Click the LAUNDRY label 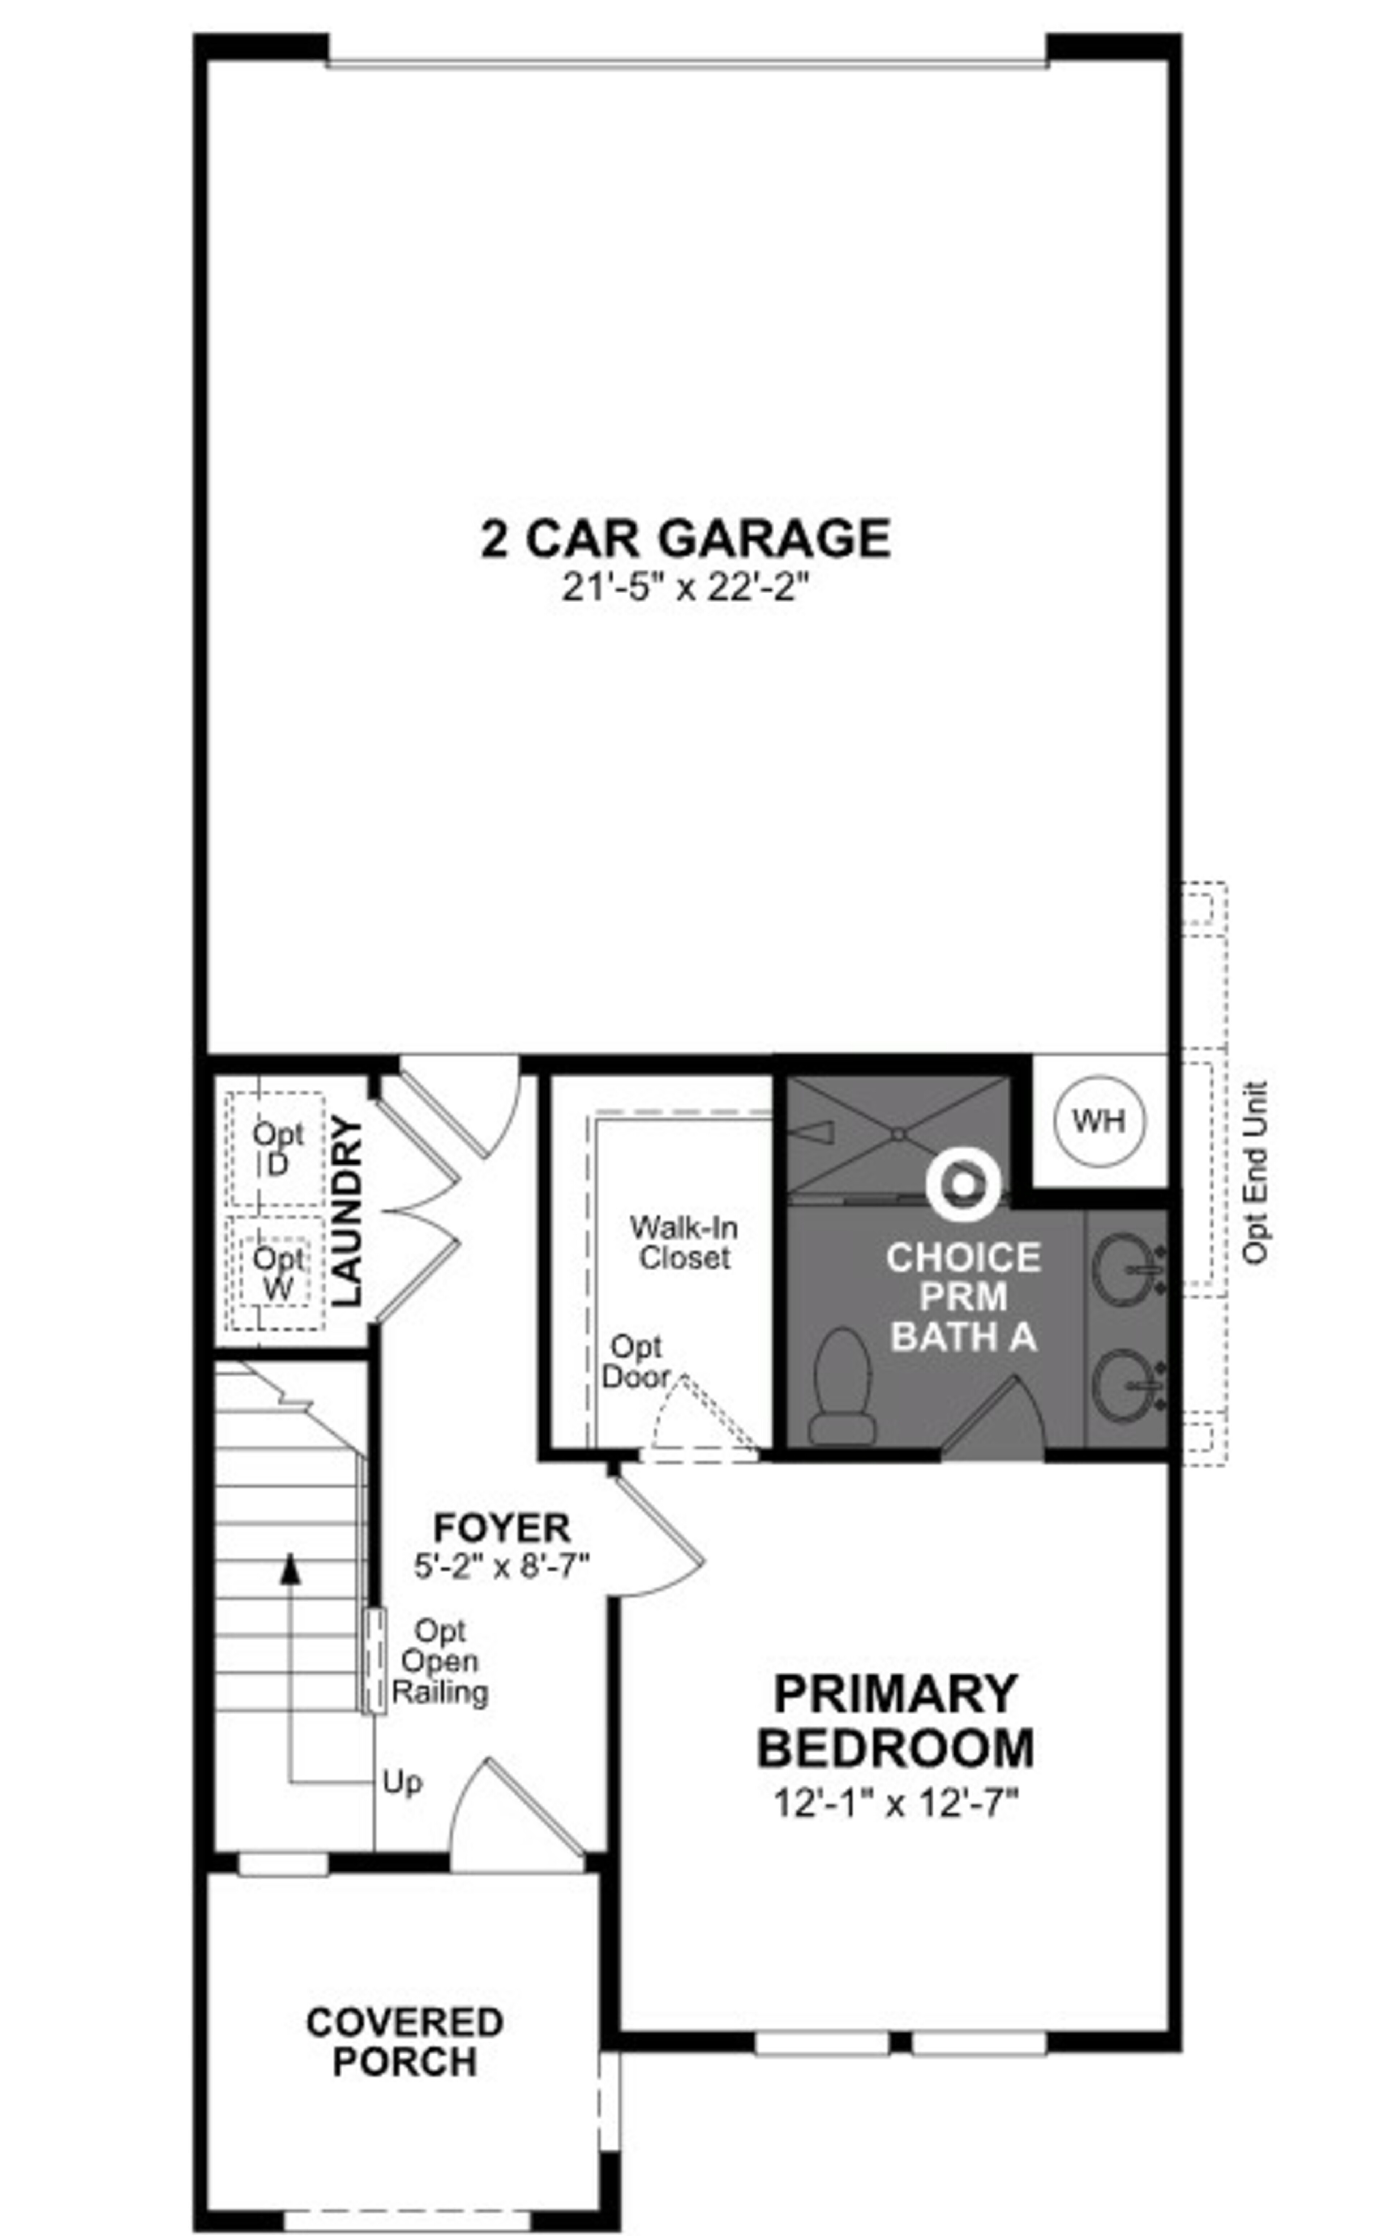347,1210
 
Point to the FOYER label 501,1529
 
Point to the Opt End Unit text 1255,1173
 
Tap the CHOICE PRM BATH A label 963,1296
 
